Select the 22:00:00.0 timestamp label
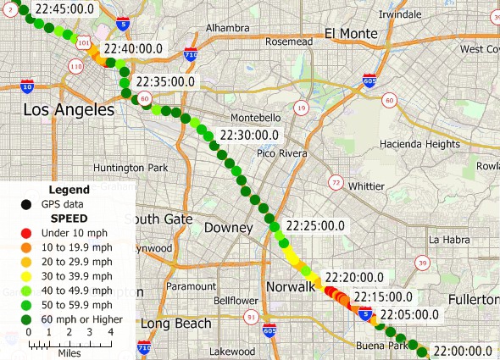coord(463,351)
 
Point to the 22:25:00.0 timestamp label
coord(315,226)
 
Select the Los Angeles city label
coord(68,110)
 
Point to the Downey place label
coord(229,228)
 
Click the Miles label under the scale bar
coord(70,352)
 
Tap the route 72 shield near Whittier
coord(336,183)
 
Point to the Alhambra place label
coord(226,28)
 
